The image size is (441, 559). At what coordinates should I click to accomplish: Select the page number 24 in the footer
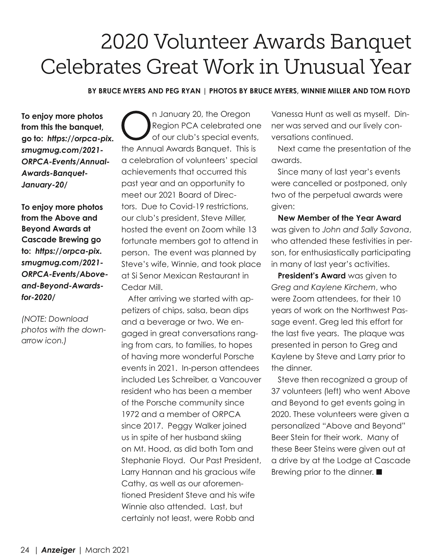(x=25, y=550)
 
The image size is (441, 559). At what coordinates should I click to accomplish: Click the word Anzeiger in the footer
(x=58, y=550)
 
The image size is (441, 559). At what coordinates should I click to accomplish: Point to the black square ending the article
(x=379, y=472)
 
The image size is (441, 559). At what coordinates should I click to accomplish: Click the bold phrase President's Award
(x=311, y=276)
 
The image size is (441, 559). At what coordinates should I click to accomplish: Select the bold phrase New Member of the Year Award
(x=339, y=218)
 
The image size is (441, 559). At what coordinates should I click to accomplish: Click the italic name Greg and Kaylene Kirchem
(x=323, y=287)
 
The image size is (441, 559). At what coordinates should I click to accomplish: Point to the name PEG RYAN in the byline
(x=183, y=91)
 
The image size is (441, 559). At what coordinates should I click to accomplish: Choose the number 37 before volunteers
(x=276, y=391)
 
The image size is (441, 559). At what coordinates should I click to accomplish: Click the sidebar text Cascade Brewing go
(x=61, y=240)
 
